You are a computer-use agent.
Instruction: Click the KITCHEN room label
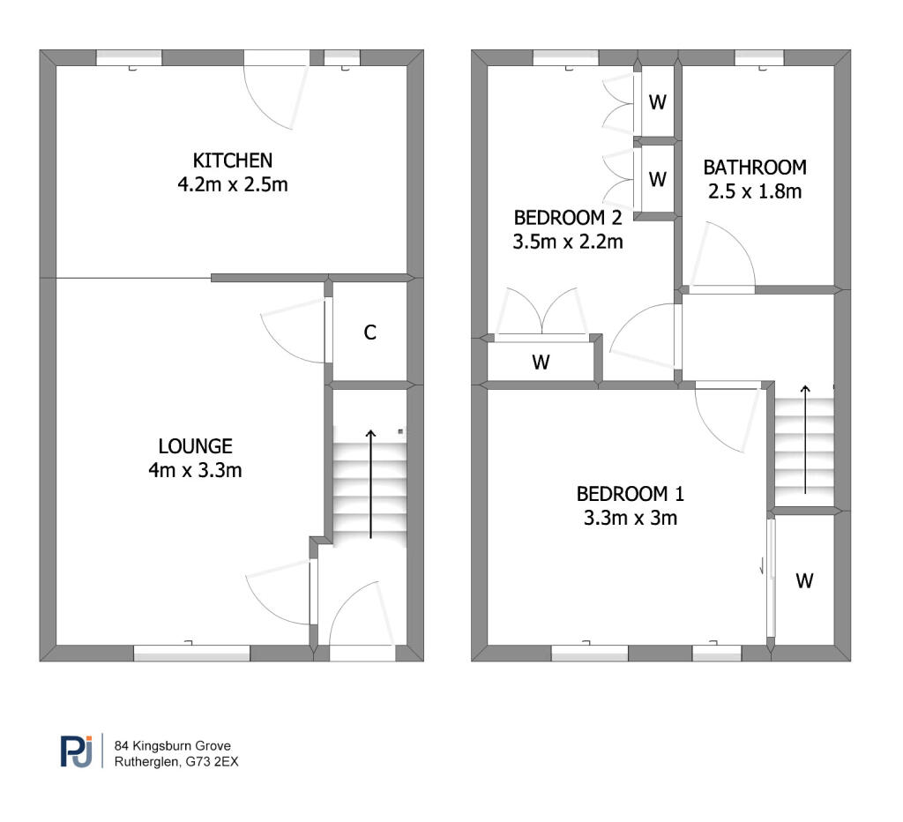(x=233, y=161)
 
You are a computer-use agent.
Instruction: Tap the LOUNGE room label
(x=196, y=446)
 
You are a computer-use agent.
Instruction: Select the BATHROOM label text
(x=754, y=168)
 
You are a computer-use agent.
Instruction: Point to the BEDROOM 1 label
(x=631, y=494)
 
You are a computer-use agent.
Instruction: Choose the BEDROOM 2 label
(x=568, y=217)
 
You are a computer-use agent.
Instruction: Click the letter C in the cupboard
(x=370, y=333)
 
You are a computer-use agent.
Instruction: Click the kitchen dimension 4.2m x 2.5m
(x=233, y=185)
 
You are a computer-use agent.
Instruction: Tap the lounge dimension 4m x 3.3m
(x=196, y=470)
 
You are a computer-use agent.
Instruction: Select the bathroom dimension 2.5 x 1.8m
(x=754, y=191)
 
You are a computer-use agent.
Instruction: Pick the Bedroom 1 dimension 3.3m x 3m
(x=631, y=518)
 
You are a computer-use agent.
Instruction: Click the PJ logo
(x=76, y=751)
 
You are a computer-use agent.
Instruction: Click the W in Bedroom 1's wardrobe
(x=804, y=580)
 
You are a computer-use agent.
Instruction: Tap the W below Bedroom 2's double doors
(x=541, y=362)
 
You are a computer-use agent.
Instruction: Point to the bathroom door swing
(x=723, y=256)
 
